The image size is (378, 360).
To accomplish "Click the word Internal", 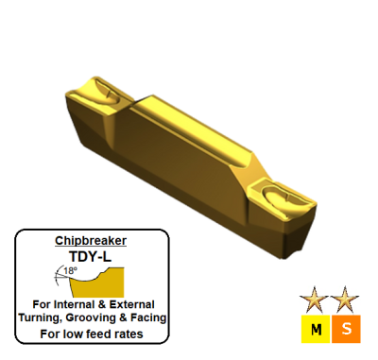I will [79, 304].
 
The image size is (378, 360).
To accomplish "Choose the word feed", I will [101, 334].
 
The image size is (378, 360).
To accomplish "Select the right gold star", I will [345, 300].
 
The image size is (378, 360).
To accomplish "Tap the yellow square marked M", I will [314, 329].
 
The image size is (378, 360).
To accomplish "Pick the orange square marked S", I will [345, 329].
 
